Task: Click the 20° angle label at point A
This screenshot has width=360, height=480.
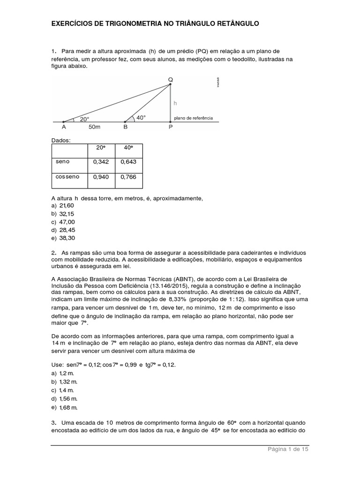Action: click(x=84, y=119)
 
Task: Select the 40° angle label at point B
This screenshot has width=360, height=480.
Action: click(x=141, y=118)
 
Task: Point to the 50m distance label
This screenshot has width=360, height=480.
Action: click(x=94, y=127)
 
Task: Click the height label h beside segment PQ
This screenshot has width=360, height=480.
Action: click(x=175, y=103)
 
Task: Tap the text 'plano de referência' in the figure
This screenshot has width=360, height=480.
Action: click(x=193, y=118)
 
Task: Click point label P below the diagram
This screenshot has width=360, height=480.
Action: click(x=171, y=127)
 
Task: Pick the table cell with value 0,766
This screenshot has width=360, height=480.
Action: click(x=128, y=177)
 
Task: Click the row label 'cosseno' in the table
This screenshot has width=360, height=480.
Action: click(x=68, y=177)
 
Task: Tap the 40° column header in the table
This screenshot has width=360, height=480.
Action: click(x=128, y=147)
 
